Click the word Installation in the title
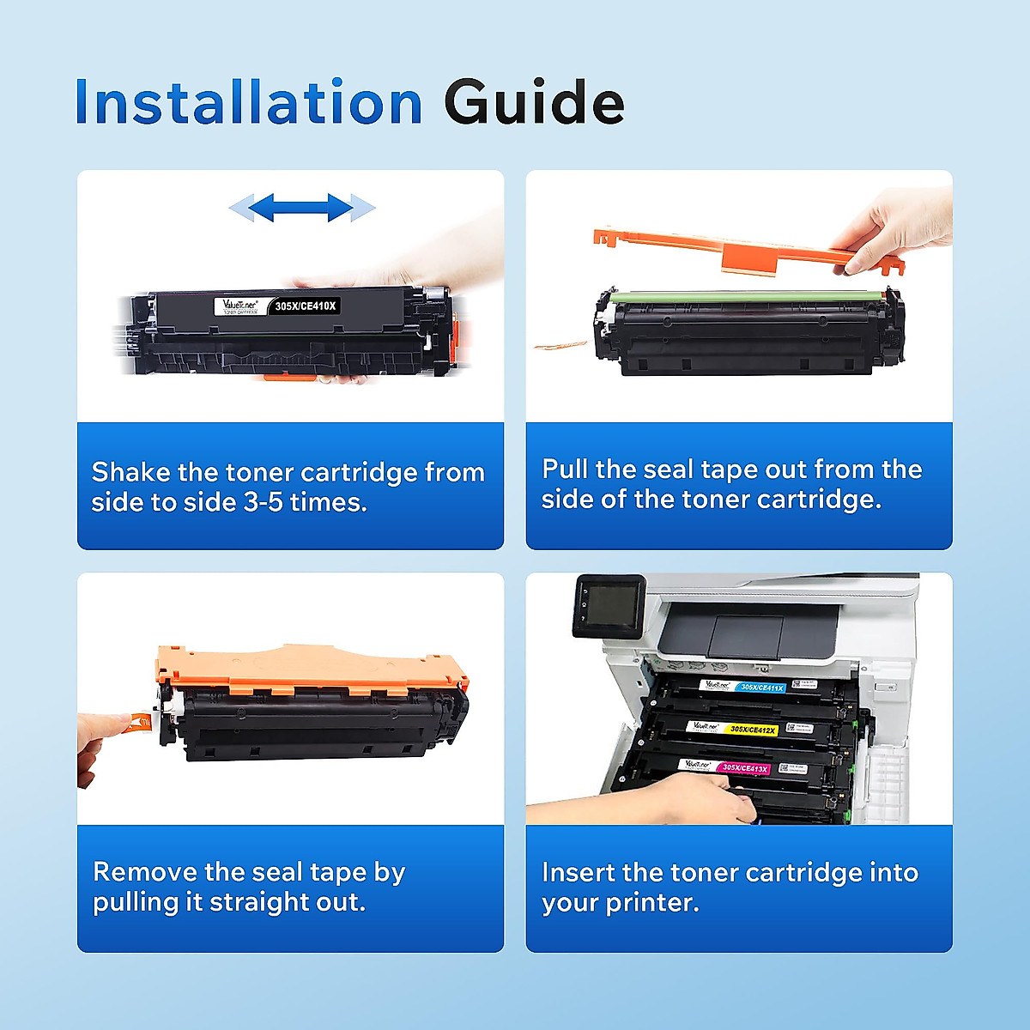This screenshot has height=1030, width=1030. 248,102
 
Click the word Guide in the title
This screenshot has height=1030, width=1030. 533,102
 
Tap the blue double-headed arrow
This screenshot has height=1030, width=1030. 302,207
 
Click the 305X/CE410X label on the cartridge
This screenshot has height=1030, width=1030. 306,306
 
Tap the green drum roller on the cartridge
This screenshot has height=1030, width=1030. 747,295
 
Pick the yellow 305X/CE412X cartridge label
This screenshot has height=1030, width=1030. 752,730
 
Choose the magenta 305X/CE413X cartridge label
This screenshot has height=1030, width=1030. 744,768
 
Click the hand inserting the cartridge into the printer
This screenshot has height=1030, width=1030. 687,797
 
